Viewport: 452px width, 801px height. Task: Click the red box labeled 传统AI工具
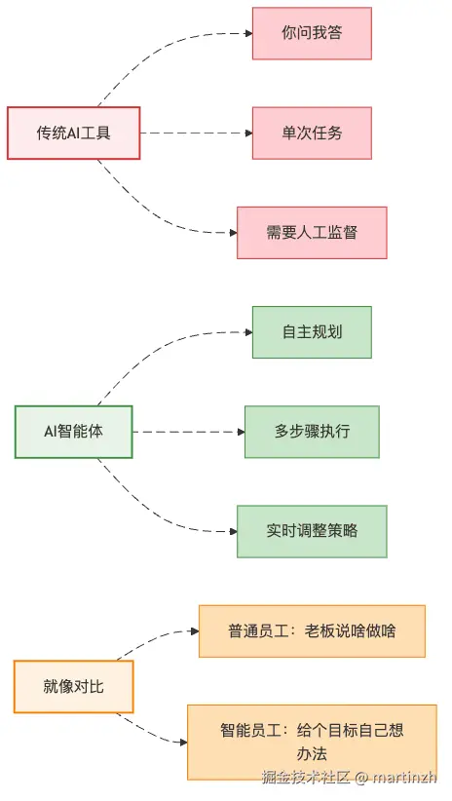pyautogui.click(x=74, y=133)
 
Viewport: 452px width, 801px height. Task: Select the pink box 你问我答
pyautogui.click(x=312, y=33)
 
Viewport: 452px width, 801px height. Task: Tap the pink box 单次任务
pyautogui.click(x=312, y=133)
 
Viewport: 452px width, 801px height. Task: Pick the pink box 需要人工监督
pyautogui.click(x=312, y=232)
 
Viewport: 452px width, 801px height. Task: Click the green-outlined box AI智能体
pyautogui.click(x=74, y=431)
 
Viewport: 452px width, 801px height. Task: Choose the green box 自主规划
pyautogui.click(x=312, y=331)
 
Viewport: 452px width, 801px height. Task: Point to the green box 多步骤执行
pyautogui.click(x=312, y=431)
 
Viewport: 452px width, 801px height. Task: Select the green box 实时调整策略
pyautogui.click(x=312, y=530)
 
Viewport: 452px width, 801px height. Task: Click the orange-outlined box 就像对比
pyautogui.click(x=74, y=686)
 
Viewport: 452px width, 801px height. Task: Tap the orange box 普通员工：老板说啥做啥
pyautogui.click(x=312, y=630)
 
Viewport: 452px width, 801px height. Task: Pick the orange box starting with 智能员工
pyautogui.click(x=312, y=742)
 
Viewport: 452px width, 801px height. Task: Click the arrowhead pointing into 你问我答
pyautogui.click(x=246, y=33)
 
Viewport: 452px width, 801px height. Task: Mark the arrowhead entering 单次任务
pyautogui.click(x=246, y=133)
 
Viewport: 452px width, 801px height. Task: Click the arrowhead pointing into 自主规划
pyautogui.click(x=246, y=331)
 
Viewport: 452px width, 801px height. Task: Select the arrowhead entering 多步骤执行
pyautogui.click(x=239, y=431)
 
